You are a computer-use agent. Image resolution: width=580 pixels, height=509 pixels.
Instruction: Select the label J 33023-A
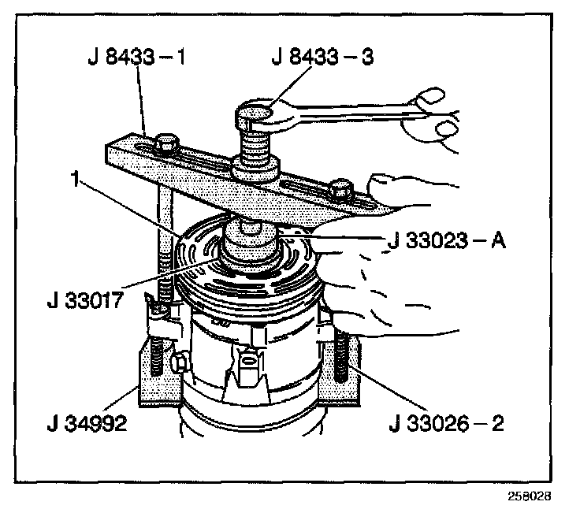click(x=446, y=241)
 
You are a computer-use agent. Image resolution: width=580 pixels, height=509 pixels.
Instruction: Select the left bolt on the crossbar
click(x=166, y=144)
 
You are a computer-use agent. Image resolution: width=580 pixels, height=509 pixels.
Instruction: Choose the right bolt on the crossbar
click(x=340, y=189)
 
